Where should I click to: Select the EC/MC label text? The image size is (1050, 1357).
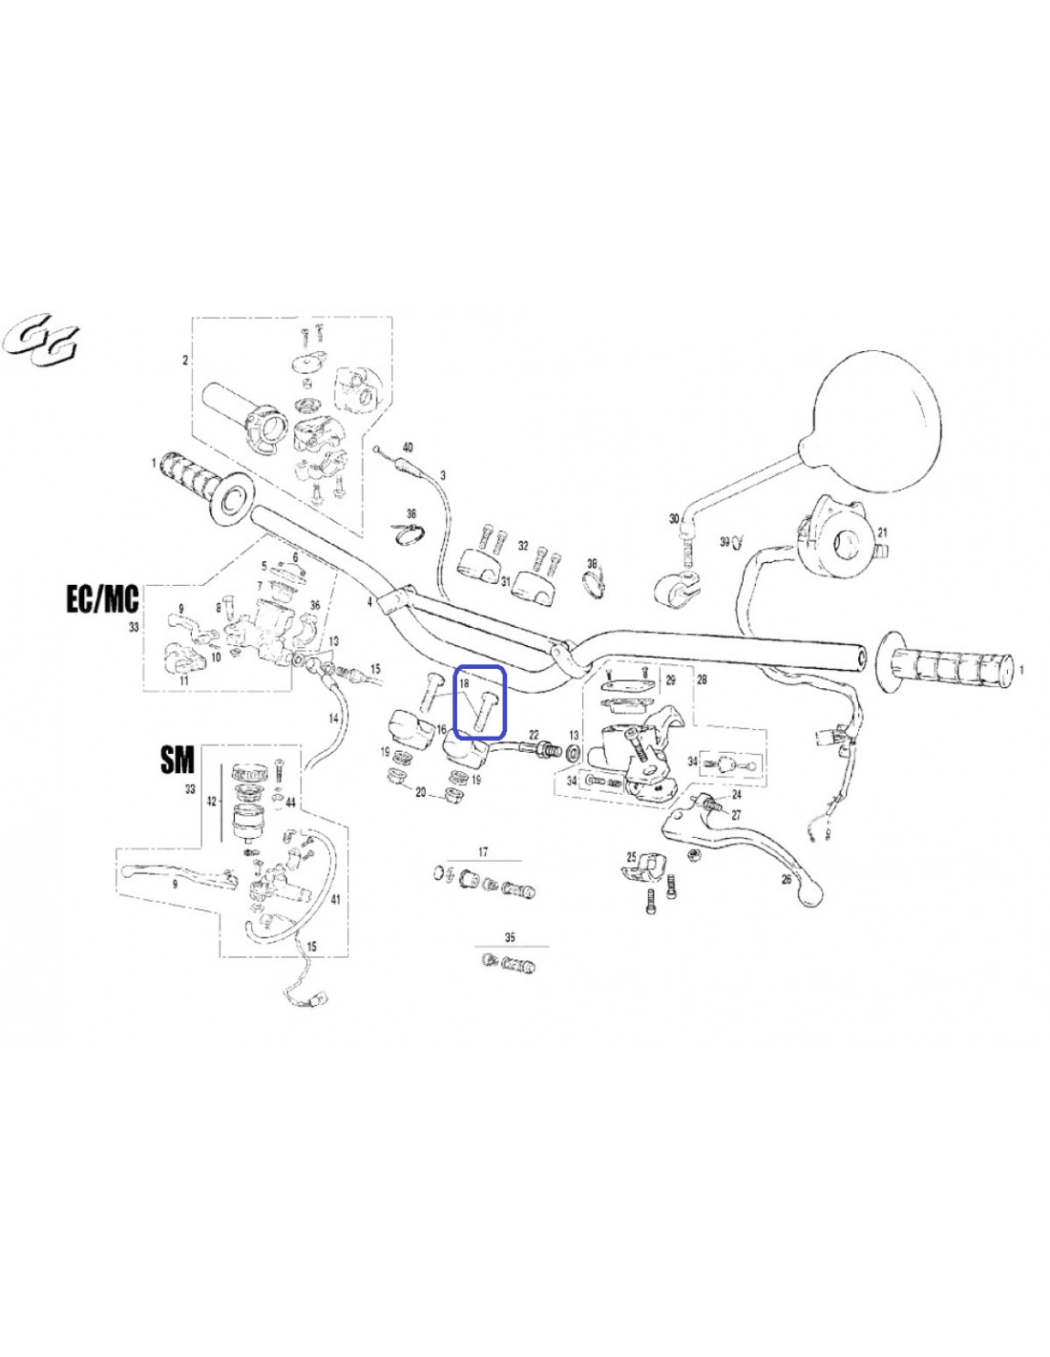click(x=103, y=599)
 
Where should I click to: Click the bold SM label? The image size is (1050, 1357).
click(x=178, y=760)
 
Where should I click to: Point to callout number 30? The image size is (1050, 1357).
click(x=673, y=518)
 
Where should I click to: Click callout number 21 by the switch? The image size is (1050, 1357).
click(x=882, y=532)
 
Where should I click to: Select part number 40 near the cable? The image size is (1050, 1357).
click(x=408, y=448)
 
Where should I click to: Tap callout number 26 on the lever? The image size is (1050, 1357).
click(x=786, y=879)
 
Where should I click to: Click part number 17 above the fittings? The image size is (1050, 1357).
click(x=483, y=851)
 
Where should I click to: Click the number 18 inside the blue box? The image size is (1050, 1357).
click(x=464, y=684)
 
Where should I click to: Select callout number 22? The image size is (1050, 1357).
click(x=534, y=735)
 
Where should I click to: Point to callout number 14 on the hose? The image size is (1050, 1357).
click(x=333, y=719)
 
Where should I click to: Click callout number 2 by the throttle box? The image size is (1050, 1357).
click(x=185, y=361)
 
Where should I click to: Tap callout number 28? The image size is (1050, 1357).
click(x=702, y=678)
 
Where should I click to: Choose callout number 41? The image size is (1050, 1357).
click(x=335, y=899)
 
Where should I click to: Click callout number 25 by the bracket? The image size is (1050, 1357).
click(x=631, y=855)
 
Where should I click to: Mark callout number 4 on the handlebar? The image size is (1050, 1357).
click(x=369, y=602)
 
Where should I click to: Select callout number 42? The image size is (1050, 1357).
click(x=211, y=802)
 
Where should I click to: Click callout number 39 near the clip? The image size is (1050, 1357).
click(x=724, y=541)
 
